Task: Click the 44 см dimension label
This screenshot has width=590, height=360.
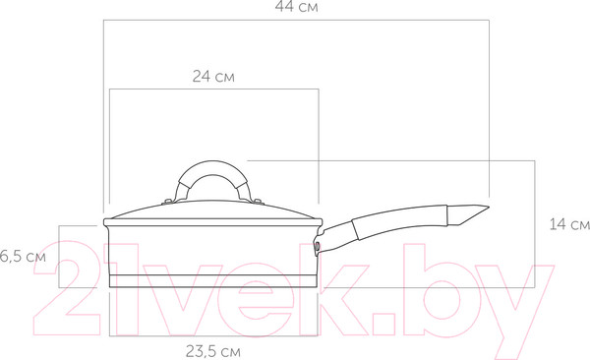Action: (x=296, y=7)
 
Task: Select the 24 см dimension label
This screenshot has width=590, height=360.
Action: (x=213, y=77)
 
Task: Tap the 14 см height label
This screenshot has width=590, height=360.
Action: (x=569, y=224)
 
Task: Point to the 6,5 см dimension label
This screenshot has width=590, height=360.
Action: (x=23, y=257)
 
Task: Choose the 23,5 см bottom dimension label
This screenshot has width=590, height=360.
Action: (x=213, y=352)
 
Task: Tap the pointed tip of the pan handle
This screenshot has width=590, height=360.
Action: (x=489, y=207)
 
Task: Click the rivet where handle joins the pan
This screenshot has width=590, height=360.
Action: (x=318, y=247)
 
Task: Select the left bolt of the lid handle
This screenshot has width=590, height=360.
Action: (x=168, y=202)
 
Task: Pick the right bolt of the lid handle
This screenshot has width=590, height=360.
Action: (x=258, y=202)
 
